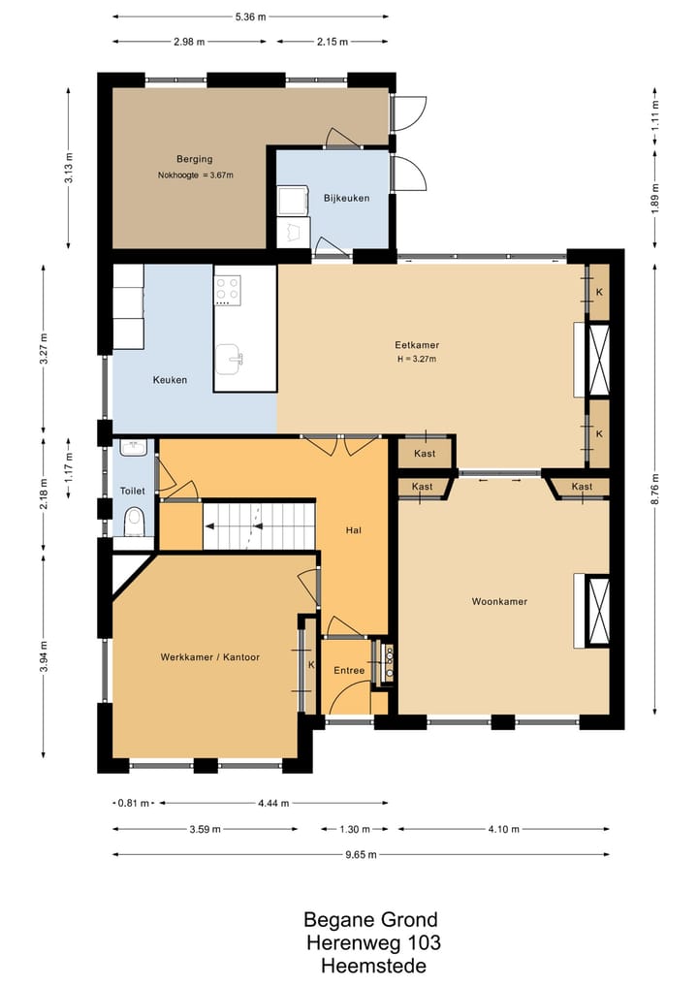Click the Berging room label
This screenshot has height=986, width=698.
tap(194, 159)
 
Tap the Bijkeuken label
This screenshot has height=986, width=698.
tap(346, 198)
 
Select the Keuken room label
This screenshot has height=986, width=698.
tap(170, 380)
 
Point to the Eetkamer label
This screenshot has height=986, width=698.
tap(417, 344)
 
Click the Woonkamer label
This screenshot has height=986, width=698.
tap(499, 601)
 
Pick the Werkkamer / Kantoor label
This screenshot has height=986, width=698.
tap(210, 657)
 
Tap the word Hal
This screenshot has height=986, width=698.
tap(354, 530)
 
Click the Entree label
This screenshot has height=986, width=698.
tap(349, 670)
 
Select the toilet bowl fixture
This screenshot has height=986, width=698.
tap(134, 522)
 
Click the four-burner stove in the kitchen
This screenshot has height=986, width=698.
tap(227, 289)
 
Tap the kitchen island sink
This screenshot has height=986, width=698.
tap(230, 359)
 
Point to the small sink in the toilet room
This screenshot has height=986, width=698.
tap(133, 447)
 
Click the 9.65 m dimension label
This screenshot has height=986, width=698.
tap(362, 854)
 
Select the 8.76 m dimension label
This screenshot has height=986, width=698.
tap(655, 489)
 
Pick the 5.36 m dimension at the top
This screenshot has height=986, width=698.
tap(250, 17)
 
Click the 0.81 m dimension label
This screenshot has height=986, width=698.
tap(134, 803)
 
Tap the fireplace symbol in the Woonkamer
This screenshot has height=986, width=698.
tap(598, 611)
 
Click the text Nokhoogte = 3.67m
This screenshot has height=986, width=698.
tap(196, 175)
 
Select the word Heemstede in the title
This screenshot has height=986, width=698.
tap(373, 966)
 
